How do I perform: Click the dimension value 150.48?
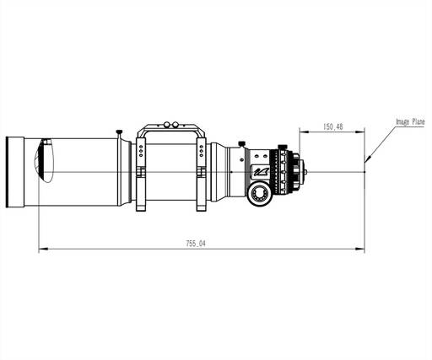332,126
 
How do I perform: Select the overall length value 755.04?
196,244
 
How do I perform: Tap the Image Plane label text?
410,121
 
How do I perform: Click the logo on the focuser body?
261,170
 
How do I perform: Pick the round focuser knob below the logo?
259,193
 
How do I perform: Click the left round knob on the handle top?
167,124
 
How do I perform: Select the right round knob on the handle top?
175,124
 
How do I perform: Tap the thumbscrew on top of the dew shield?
119,132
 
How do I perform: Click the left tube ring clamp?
141,175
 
